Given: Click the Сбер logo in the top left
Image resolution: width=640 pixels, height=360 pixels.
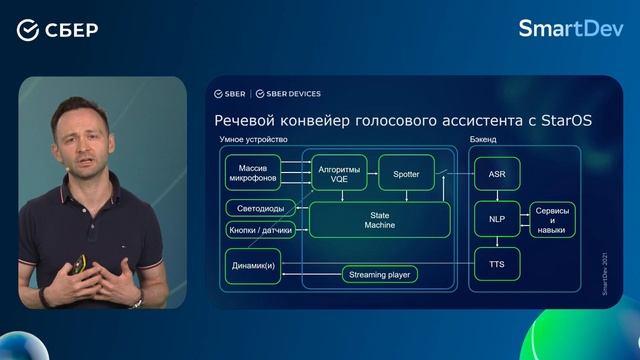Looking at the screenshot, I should coord(57,29).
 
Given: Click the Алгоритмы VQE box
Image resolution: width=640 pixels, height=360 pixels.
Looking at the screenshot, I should coord(339,172).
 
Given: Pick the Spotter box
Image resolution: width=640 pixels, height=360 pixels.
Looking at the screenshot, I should coord(406,173).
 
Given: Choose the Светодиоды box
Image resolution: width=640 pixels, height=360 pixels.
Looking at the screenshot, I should coord(260,209).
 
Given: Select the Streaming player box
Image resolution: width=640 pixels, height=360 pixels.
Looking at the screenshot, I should coord(379,274).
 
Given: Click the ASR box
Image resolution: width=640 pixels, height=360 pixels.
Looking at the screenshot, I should coord(497,174).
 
